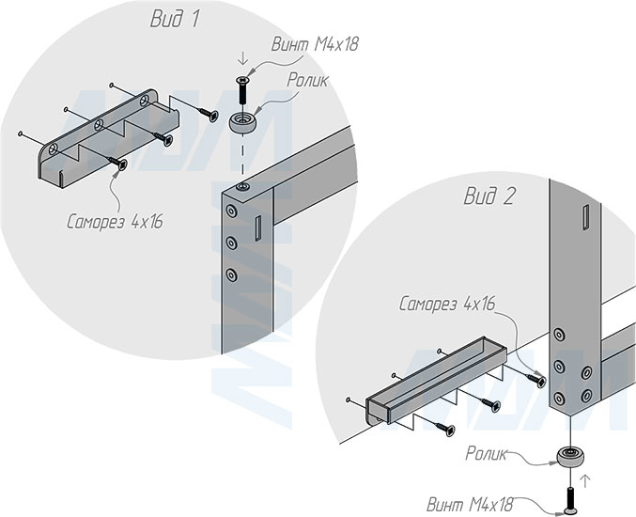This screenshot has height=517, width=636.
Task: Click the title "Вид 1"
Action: click(x=175, y=19)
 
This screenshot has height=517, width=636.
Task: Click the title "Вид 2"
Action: click(x=489, y=196)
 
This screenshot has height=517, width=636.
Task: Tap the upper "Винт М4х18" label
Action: click(x=315, y=44)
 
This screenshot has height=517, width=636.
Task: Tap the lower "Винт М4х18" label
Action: click(x=470, y=505)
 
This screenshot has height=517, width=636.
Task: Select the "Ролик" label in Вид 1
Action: click(x=307, y=80)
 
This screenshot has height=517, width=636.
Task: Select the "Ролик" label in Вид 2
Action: click(x=486, y=453)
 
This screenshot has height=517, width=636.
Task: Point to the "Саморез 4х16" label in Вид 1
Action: click(x=115, y=222)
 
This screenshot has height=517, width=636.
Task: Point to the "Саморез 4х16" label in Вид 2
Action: click(x=447, y=303)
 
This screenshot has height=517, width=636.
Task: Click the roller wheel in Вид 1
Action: click(x=242, y=122)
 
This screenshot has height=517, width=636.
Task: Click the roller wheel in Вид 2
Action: click(x=570, y=457)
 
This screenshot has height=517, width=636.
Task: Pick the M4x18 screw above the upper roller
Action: click(x=242, y=89)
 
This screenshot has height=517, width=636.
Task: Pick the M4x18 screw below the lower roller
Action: click(x=570, y=500)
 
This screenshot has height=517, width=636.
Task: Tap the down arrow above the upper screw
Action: click(x=243, y=59)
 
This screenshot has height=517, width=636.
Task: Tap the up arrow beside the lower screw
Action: click(x=584, y=481)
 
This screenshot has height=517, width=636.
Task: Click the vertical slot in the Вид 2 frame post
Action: click(x=585, y=217)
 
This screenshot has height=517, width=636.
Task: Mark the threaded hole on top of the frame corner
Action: click(x=243, y=187)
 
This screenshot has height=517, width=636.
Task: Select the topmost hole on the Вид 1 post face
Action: click(x=232, y=211)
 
